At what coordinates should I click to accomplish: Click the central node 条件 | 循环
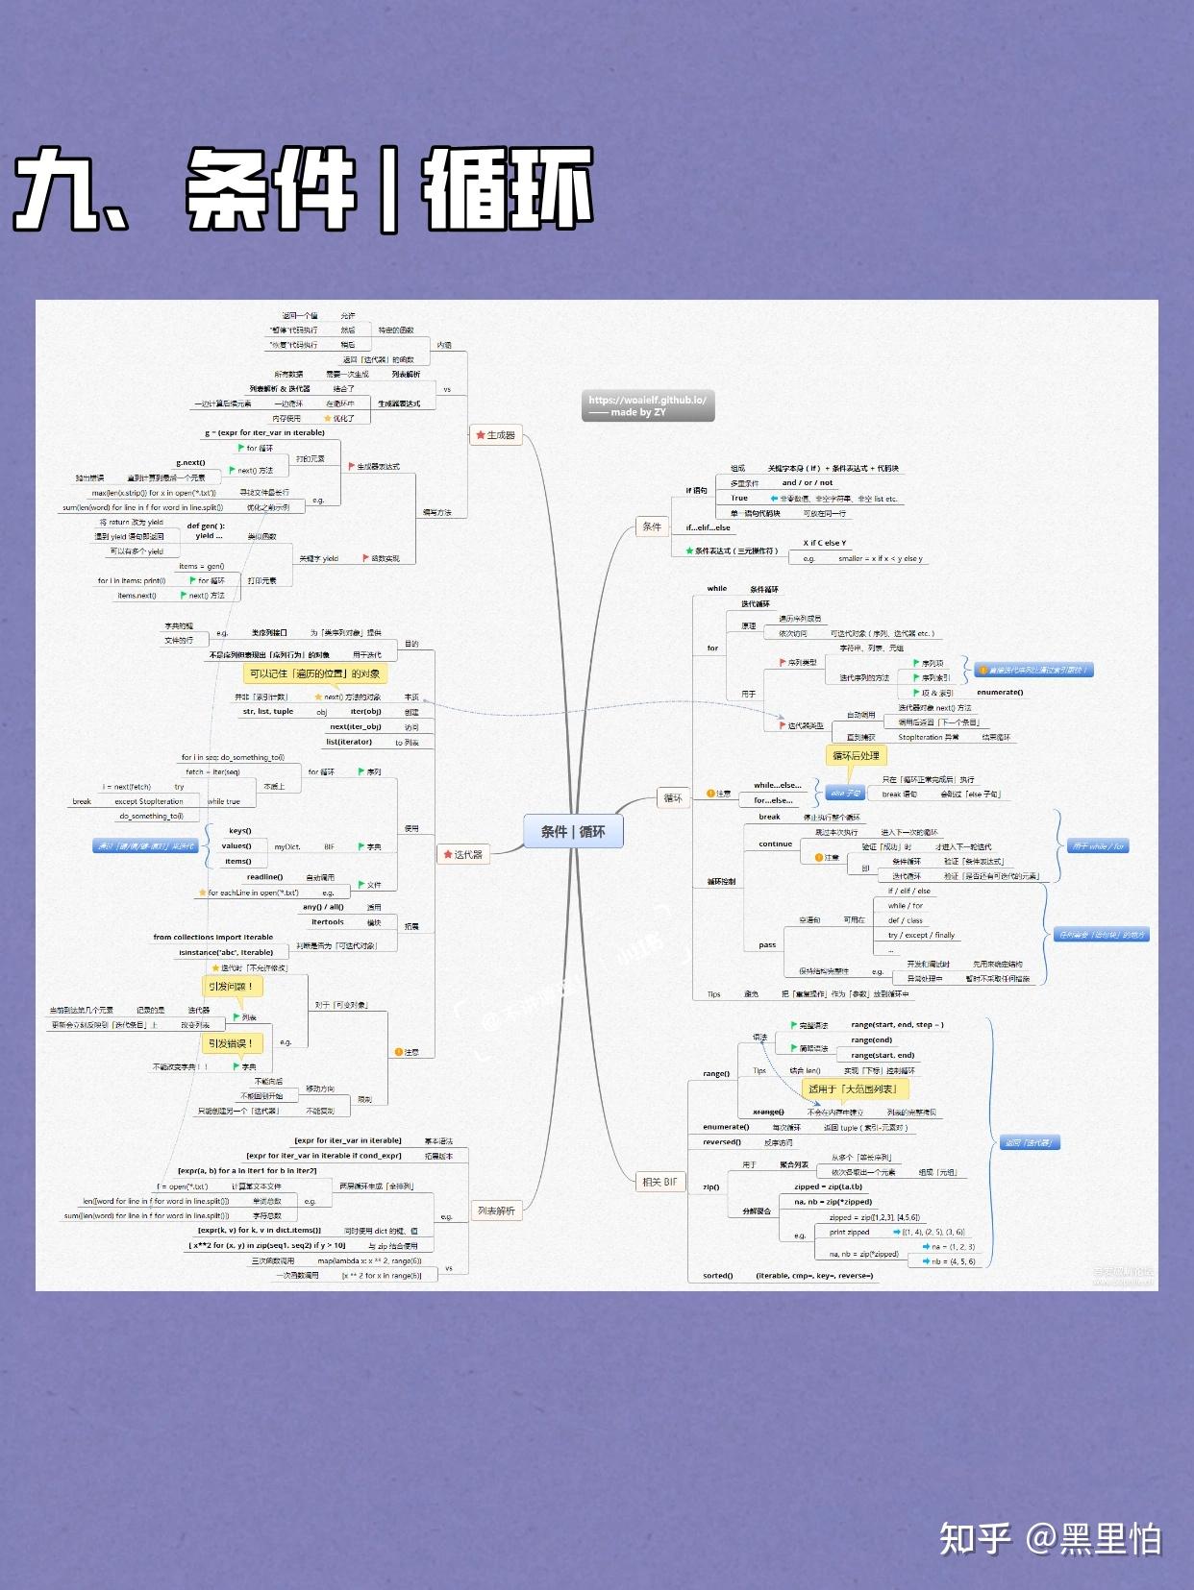click(573, 831)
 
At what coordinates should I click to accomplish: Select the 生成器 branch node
click(496, 435)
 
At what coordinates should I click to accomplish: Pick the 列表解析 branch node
click(496, 1211)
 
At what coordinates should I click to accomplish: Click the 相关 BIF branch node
click(659, 1182)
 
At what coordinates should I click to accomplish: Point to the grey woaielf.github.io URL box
click(648, 406)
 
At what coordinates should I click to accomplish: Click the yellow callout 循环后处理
click(855, 756)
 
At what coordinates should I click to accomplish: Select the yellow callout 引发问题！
click(231, 987)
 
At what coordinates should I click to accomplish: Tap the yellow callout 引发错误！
click(231, 1043)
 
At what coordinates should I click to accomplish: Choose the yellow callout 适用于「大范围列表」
click(853, 1089)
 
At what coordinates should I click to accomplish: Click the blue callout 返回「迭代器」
click(1028, 1142)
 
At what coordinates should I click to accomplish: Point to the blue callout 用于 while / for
click(1098, 846)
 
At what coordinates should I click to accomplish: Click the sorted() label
click(717, 1276)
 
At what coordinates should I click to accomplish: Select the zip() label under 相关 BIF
click(710, 1186)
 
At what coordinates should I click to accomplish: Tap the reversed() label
click(721, 1142)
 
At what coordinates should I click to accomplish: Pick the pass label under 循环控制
click(766, 944)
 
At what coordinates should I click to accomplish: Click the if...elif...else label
click(708, 527)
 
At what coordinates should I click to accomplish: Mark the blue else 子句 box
click(845, 794)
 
